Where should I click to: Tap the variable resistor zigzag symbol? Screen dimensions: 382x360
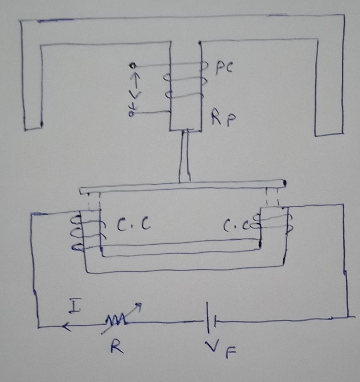[x=117, y=321]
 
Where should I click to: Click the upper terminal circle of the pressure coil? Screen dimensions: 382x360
[x=132, y=66]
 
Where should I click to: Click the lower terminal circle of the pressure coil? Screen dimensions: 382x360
[x=131, y=113]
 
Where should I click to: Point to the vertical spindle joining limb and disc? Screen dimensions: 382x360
[x=185, y=156]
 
